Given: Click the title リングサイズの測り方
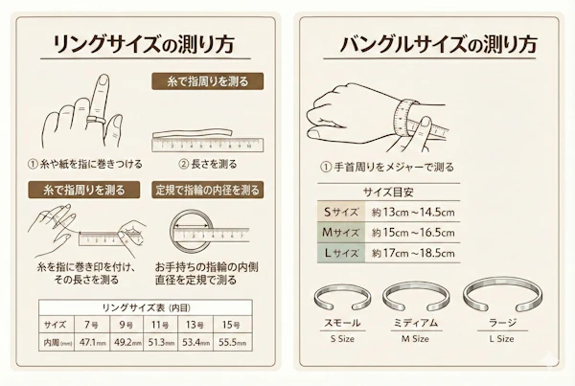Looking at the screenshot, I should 144,45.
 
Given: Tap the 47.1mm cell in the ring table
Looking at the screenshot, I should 93,341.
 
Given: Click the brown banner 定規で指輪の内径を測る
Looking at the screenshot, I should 206,190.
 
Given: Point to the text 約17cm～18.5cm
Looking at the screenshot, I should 413,254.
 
